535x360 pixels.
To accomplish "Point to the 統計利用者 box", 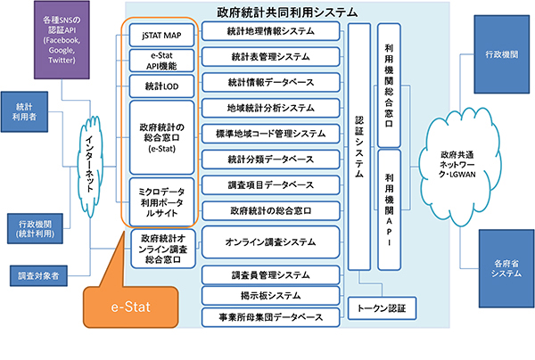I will (x=25, y=109).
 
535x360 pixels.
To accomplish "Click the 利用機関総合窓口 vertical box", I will (x=389, y=85).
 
